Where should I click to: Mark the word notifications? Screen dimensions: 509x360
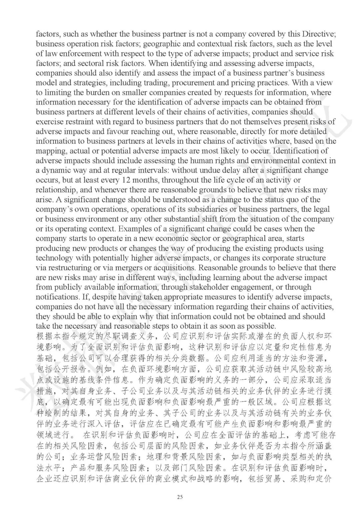(x=56, y=297)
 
